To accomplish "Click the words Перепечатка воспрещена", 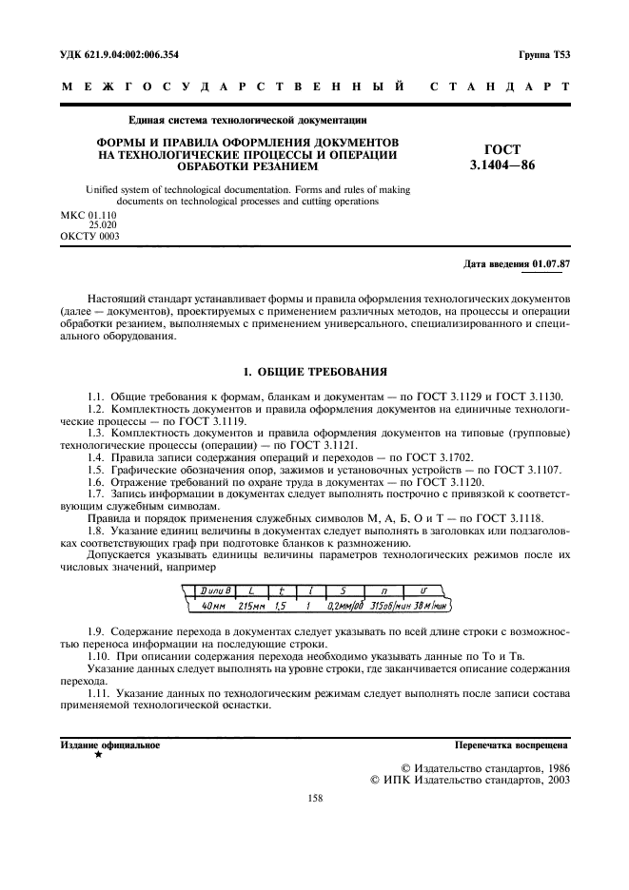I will (512, 745).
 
